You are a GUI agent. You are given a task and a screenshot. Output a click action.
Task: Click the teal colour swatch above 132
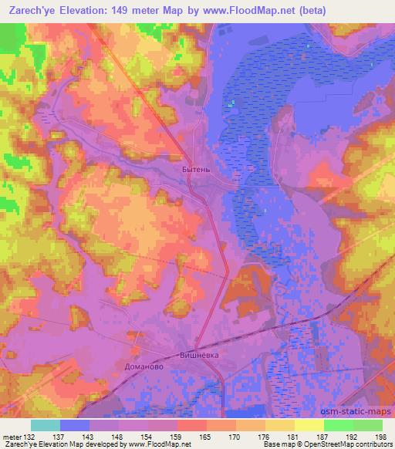(46, 425)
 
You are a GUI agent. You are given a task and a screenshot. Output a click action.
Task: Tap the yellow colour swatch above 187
(309, 425)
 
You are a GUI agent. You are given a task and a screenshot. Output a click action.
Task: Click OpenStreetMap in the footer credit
(336, 444)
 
